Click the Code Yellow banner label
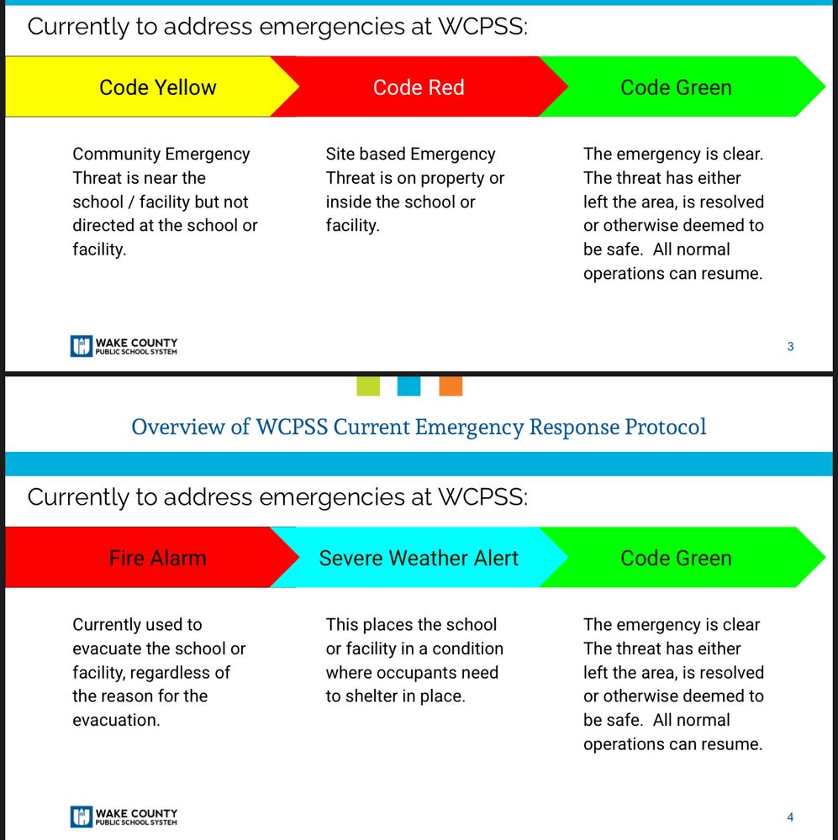[x=158, y=87]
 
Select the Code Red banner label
[x=419, y=87]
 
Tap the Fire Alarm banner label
[x=158, y=558]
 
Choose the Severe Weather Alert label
[x=419, y=558]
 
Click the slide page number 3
[x=790, y=346]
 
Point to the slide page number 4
[x=790, y=816]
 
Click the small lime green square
[x=368, y=386]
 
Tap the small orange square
[x=451, y=386]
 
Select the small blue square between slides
[x=408, y=386]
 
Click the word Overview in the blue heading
[x=179, y=427]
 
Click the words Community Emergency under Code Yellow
[x=161, y=154]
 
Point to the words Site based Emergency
[x=410, y=154]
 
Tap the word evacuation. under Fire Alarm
[x=116, y=720]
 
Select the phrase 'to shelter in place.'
[x=395, y=696]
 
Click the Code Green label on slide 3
[x=676, y=87]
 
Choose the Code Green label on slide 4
[x=676, y=558]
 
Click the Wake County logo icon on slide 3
[x=81, y=346]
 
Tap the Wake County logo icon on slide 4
[x=81, y=816]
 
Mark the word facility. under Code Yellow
[x=99, y=249]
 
